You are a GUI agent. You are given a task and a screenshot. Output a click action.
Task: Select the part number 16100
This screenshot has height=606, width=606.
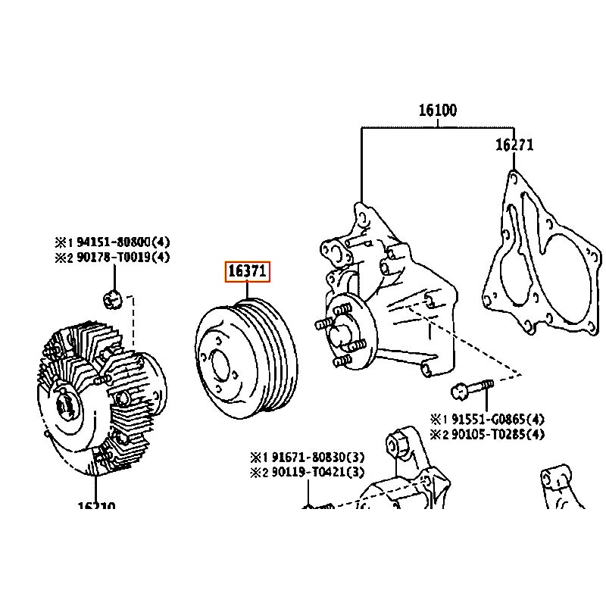[437, 111]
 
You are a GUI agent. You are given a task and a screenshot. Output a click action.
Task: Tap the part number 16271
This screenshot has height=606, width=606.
[514, 145]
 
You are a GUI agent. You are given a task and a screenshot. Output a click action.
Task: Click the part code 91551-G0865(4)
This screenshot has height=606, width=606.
[496, 419]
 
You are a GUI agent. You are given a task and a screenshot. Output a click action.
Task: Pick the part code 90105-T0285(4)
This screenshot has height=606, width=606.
[496, 434]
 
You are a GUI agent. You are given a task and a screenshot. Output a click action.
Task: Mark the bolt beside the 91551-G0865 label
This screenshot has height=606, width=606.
[471, 390]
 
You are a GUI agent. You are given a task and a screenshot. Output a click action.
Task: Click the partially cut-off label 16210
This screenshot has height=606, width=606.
[95, 506]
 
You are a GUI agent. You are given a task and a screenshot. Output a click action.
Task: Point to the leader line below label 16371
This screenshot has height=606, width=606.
[247, 292]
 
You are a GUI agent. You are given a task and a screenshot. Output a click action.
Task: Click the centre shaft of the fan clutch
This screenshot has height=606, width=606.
[66, 405]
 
